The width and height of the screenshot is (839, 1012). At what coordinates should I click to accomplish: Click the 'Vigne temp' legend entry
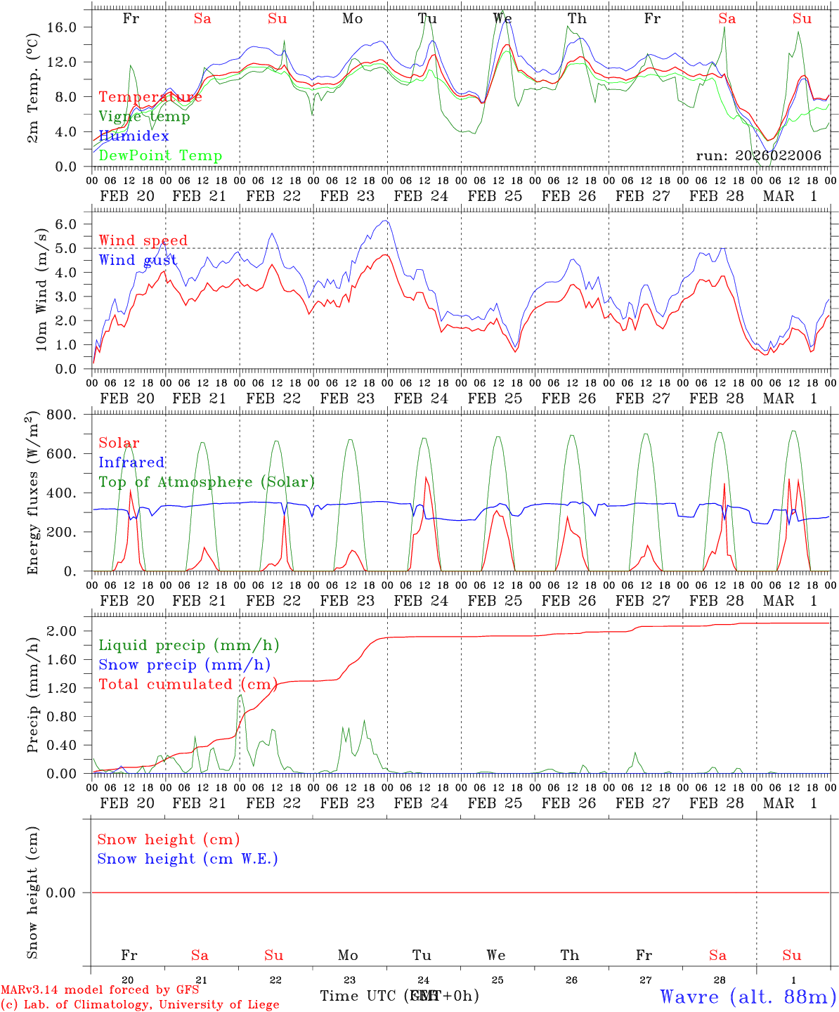click(x=144, y=117)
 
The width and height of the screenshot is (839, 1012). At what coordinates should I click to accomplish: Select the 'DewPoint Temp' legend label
click(x=160, y=156)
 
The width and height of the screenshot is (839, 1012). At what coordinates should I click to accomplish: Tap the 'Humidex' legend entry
click(x=134, y=136)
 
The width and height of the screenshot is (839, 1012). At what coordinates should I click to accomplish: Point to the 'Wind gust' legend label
click(x=138, y=260)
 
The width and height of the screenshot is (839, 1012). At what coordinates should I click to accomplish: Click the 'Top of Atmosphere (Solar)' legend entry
click(x=207, y=482)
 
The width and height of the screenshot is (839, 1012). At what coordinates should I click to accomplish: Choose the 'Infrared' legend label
click(x=131, y=462)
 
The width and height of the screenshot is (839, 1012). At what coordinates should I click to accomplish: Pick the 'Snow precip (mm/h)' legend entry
click(x=184, y=665)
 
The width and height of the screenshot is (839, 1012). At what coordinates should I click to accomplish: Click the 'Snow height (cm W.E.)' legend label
click(x=188, y=859)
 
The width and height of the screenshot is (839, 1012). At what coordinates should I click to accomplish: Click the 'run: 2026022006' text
click(x=758, y=156)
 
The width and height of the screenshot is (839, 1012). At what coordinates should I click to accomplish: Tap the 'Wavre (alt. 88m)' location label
click(x=748, y=997)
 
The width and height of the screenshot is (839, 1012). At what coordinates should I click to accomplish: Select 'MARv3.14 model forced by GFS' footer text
click(x=100, y=990)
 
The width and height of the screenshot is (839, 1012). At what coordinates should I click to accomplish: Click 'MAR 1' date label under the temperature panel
click(x=790, y=196)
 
